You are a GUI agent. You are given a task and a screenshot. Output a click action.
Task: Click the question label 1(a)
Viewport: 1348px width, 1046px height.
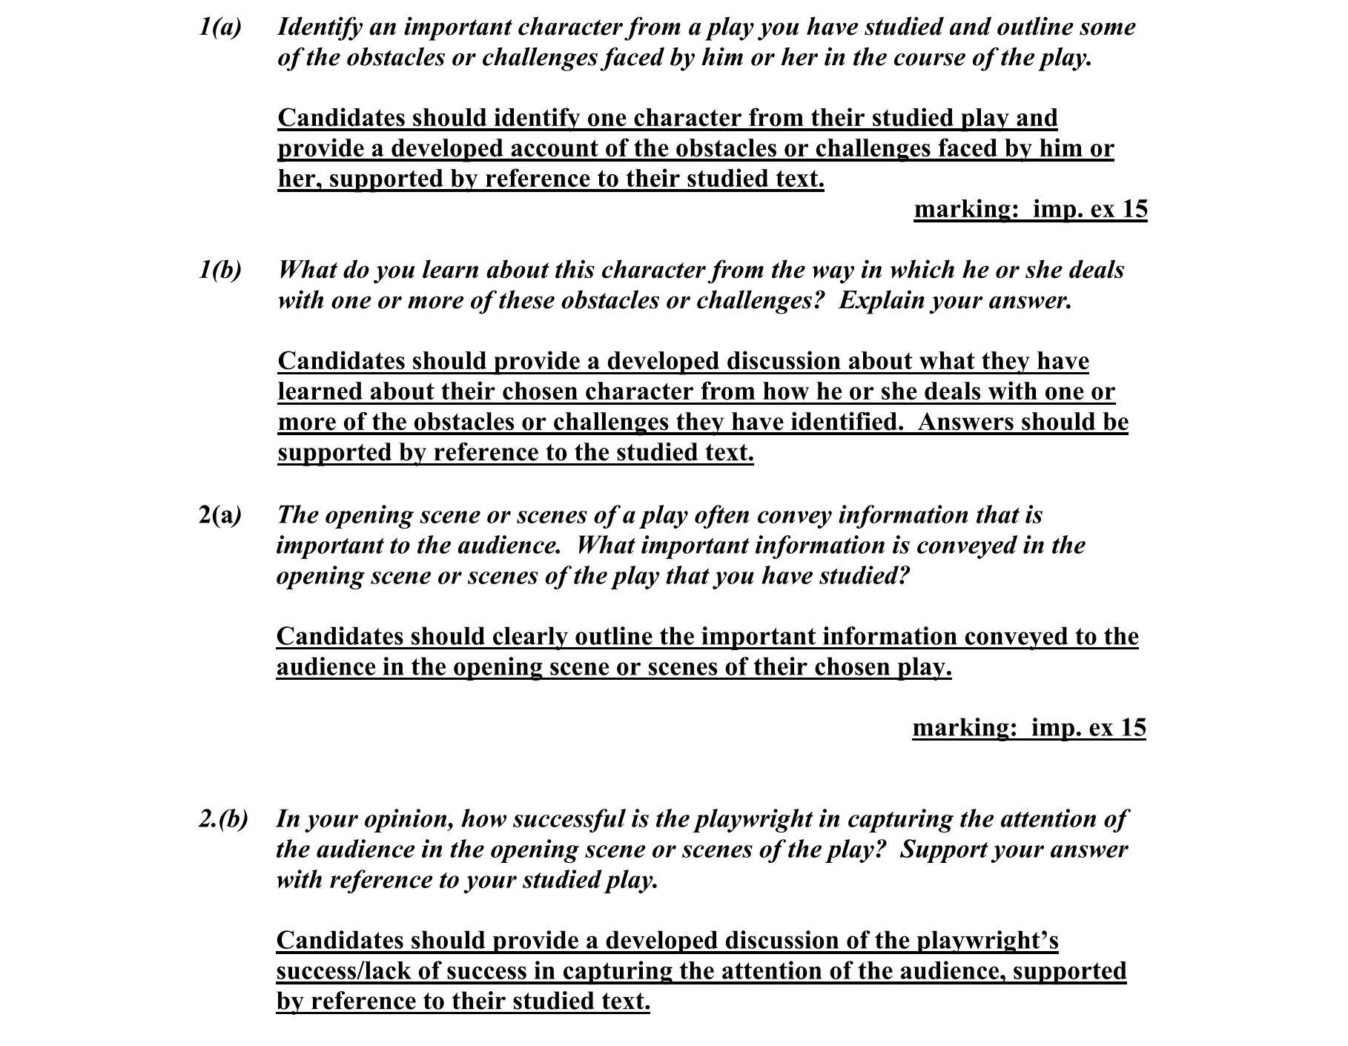219,27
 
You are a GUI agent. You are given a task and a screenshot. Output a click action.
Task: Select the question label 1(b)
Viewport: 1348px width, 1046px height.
219,270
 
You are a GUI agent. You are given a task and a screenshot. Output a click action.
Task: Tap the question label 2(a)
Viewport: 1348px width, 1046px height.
220,515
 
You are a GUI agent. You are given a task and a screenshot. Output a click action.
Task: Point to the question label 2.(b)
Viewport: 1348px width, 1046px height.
223,819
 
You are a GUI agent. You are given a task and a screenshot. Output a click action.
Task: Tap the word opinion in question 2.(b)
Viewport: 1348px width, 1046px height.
405,819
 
